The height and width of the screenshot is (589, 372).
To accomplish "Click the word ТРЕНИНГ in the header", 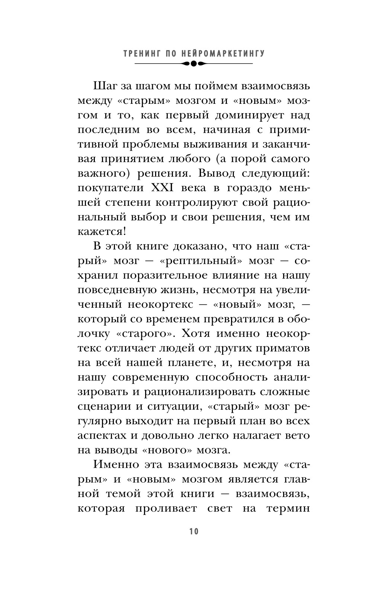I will tap(139, 54).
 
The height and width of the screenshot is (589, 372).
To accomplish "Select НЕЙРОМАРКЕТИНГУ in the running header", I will tap(223, 54).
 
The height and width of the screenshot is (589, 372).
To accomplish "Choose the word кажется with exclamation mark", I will tap(102, 231).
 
